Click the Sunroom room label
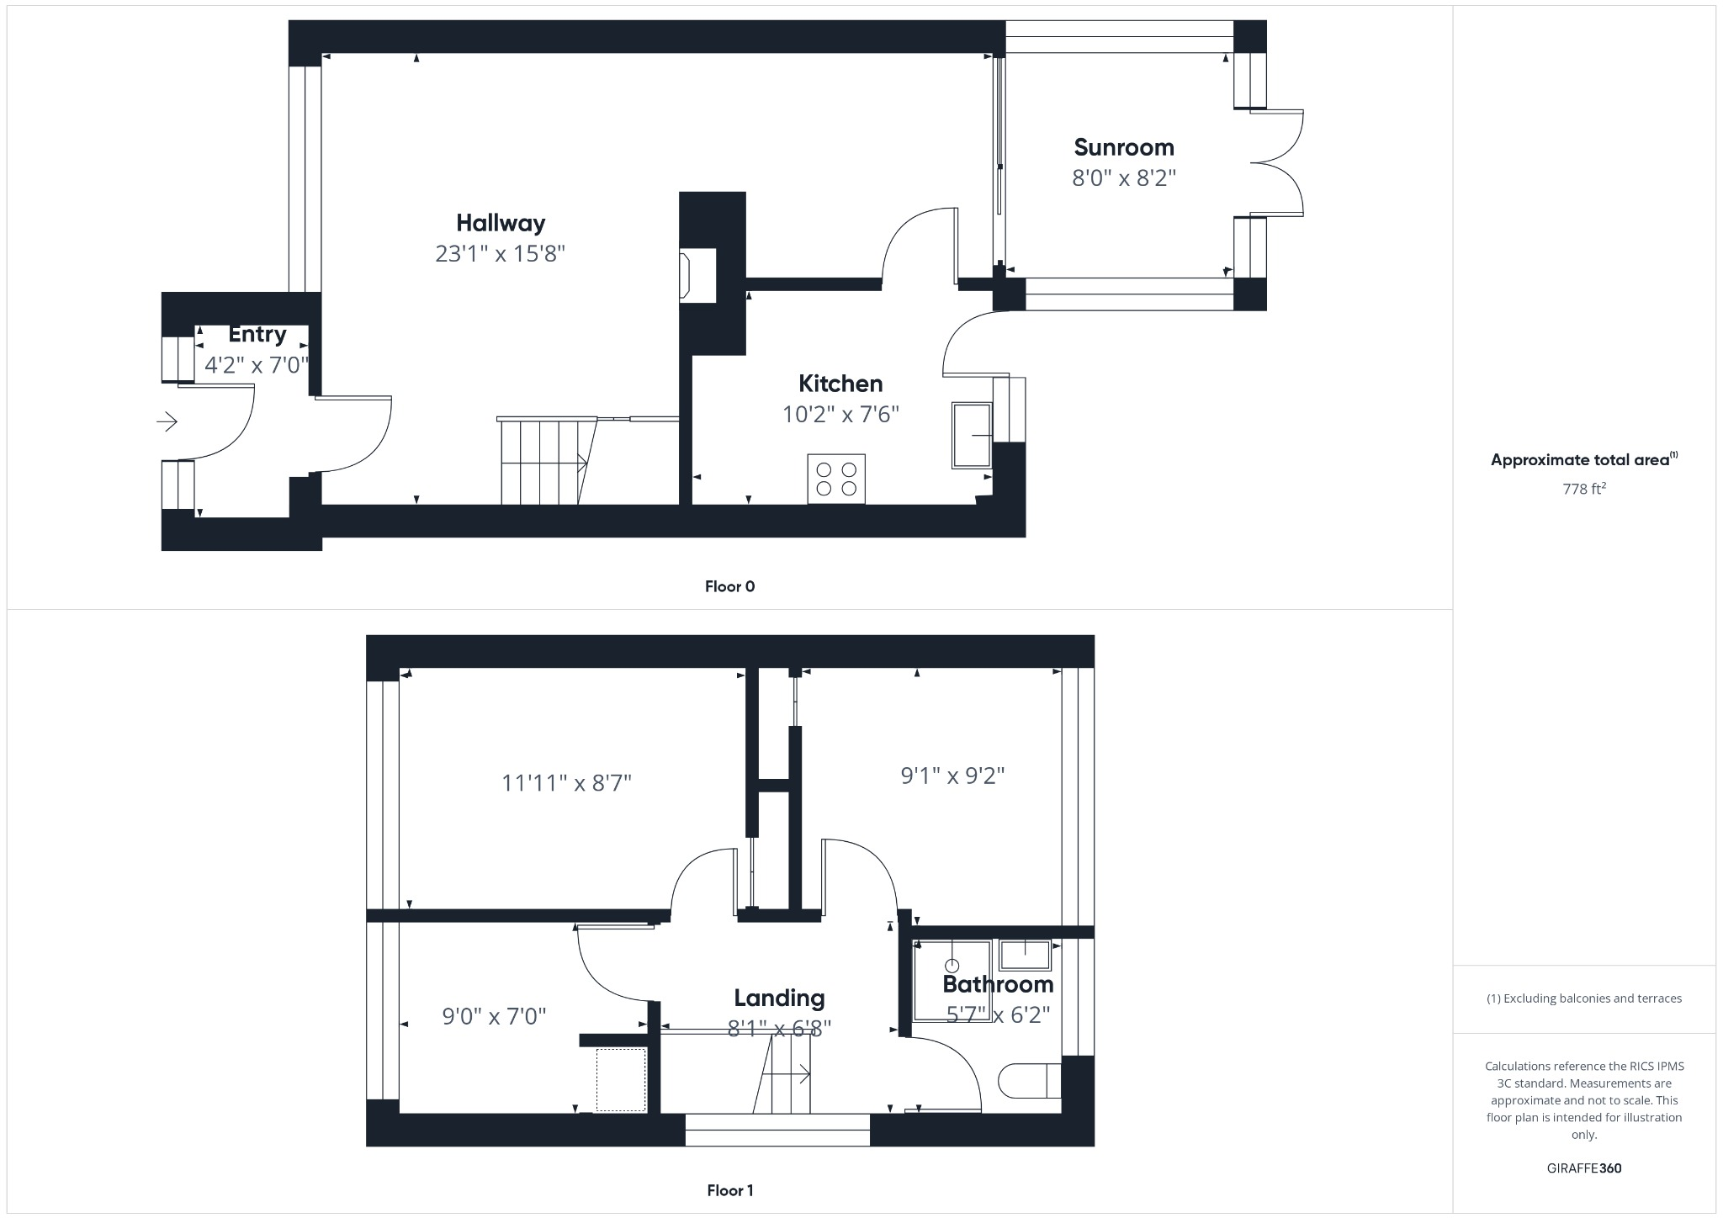1123,148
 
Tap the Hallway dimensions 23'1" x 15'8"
500,254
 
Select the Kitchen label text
840,384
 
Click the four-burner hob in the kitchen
836,479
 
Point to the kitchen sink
972,435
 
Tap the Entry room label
257,335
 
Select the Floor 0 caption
729,587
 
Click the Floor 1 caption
729,1190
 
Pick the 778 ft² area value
1583,489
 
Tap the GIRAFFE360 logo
1583,1168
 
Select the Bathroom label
998,984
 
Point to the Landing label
779,998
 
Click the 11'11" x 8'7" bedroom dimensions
566,784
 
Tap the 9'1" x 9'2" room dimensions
952,776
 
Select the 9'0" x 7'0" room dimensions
494,1017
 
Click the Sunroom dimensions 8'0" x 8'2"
1123,179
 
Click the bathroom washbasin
1025,955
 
